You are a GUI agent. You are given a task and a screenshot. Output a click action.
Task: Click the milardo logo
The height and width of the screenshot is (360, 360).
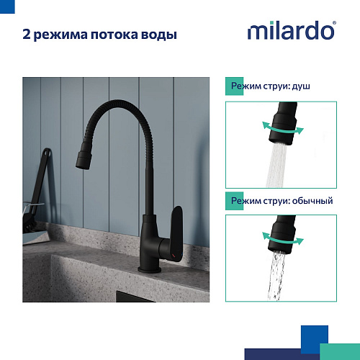(x=292, y=30)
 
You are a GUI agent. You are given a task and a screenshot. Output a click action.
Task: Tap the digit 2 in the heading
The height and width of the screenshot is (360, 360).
(x=27, y=35)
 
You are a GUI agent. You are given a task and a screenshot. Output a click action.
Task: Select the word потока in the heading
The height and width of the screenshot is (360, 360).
(x=114, y=35)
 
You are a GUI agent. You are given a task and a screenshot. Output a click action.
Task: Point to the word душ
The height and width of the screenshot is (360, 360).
(x=301, y=86)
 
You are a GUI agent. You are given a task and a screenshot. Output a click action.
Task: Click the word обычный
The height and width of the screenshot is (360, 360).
(x=312, y=201)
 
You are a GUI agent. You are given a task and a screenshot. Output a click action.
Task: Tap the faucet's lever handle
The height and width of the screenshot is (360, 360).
(x=176, y=234)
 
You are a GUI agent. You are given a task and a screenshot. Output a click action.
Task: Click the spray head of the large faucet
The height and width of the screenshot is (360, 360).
(x=84, y=156)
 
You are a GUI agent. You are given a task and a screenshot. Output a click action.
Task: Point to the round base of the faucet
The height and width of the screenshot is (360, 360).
(x=149, y=269)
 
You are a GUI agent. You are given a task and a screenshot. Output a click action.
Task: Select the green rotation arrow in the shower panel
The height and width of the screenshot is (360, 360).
(x=283, y=128)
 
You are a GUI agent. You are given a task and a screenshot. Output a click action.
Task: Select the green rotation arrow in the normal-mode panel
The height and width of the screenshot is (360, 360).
(x=283, y=238)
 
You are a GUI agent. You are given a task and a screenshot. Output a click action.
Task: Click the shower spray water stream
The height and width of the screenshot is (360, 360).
(x=276, y=165)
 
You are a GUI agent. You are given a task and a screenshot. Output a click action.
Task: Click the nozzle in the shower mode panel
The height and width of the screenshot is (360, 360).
(x=284, y=123)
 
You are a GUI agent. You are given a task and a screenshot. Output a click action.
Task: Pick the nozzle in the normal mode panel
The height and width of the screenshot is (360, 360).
(x=283, y=234)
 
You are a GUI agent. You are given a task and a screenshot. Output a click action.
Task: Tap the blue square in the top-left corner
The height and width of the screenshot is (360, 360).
(x=7, y=6)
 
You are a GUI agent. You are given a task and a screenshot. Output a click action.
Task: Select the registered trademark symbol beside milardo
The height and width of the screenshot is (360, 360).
(x=334, y=23)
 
